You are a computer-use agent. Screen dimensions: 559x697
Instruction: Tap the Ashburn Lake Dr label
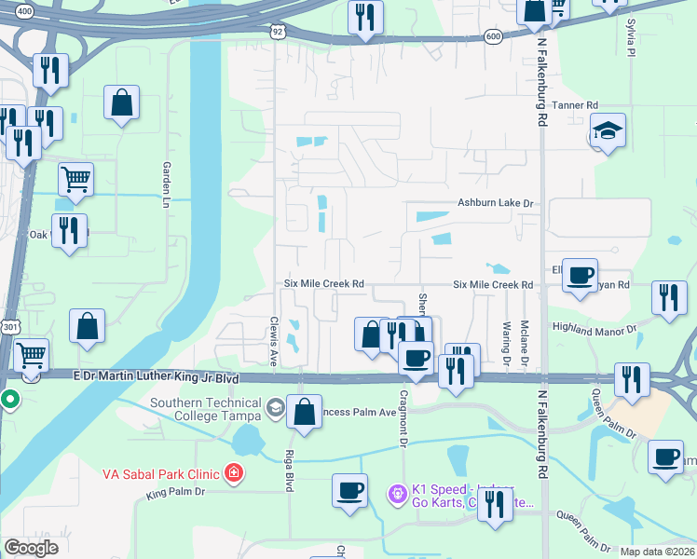tap(495, 203)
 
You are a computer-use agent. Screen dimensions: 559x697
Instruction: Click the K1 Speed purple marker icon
tap(398, 490)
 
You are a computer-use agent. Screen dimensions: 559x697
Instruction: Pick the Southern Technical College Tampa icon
tap(275, 407)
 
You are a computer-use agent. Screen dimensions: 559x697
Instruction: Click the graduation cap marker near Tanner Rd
tap(608, 131)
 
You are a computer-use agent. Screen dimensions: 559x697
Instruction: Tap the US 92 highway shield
tap(278, 32)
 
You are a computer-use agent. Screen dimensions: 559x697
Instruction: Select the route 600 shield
tap(493, 36)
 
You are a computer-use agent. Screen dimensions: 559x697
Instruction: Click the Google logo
tap(31, 547)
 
